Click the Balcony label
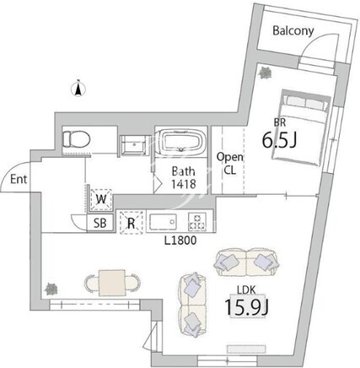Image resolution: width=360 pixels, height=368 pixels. point(293,30)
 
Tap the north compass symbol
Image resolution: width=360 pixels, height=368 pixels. point(79,88)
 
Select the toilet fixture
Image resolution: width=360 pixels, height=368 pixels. point(76,139)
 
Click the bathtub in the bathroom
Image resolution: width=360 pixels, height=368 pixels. point(181,143)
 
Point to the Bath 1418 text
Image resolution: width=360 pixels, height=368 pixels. point(184,178)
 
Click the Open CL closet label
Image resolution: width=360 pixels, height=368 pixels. point(229,164)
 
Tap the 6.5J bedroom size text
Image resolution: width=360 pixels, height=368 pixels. point(279,139)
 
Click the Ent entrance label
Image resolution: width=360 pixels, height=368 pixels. point(19,179)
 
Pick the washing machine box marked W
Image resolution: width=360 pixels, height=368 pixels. point(101,199)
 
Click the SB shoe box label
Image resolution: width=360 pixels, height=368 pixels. point(100,223)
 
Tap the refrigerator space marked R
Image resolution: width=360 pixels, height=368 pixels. point(132,223)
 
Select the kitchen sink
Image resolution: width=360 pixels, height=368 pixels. point(163,222)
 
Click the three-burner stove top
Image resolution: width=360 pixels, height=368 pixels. point(197,221)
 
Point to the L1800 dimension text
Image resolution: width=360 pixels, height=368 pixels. point(180,241)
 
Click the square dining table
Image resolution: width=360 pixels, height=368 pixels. point(112,283)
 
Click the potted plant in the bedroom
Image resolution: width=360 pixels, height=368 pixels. point(265,73)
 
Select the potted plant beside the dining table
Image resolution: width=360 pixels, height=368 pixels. point(51,290)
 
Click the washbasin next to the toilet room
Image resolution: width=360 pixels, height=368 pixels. point(133,145)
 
